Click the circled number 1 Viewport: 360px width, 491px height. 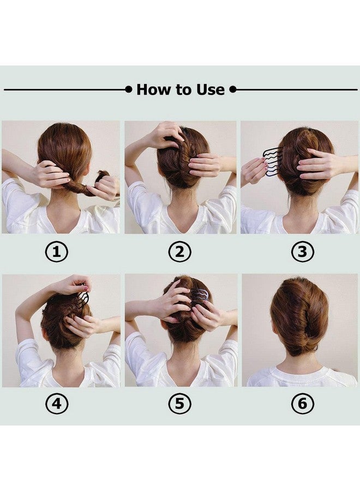pyautogui.click(x=56, y=252)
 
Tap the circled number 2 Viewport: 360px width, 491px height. pyautogui.click(x=179, y=252)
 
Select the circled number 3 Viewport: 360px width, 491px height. pyautogui.click(x=302, y=252)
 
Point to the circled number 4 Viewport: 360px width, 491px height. pyautogui.click(x=56, y=404)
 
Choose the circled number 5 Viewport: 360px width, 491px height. pyautogui.click(x=179, y=404)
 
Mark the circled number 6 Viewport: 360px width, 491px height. pyautogui.click(x=302, y=404)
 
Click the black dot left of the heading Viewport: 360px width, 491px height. pyautogui.click(x=128, y=89)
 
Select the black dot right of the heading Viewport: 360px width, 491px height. pyautogui.click(x=232, y=89)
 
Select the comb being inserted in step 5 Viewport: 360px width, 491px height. pyautogui.click(x=200, y=297)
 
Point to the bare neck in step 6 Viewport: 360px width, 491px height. pyautogui.click(x=301, y=363)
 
